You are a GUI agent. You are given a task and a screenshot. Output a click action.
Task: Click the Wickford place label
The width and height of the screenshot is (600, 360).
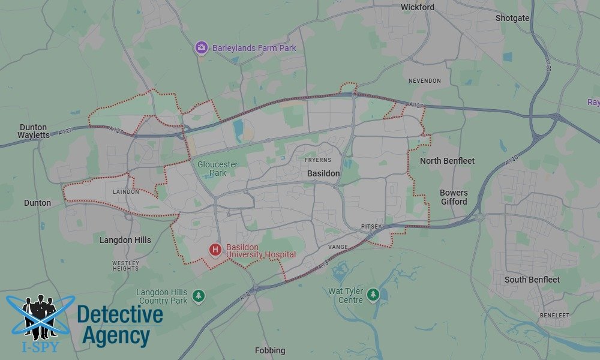click(418, 8)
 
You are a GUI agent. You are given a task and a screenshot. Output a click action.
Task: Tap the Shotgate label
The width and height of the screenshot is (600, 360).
click(512, 18)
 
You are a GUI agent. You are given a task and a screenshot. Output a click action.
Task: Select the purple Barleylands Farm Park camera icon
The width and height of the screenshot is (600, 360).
click(202, 47)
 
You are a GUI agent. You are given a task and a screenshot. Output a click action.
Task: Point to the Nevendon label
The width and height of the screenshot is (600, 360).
click(424, 81)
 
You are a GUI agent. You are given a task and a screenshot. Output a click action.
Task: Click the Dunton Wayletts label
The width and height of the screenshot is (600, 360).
click(34, 131)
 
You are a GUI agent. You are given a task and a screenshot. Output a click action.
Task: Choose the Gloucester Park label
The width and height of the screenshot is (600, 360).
click(218, 169)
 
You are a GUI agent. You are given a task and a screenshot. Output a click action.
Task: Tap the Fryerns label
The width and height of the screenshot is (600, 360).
click(317, 160)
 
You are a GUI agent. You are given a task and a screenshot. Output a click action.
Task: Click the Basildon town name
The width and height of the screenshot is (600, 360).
click(323, 173)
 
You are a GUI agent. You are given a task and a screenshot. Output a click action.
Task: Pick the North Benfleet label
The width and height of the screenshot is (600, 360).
click(447, 161)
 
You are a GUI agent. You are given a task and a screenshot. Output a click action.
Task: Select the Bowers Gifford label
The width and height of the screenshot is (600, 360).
click(454, 197)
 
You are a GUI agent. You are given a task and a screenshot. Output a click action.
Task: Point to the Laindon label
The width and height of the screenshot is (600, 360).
click(126, 192)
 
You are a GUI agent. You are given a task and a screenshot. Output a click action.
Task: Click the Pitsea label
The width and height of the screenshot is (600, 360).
click(371, 226)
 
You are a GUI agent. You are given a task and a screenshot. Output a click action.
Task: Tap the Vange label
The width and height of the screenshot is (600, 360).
click(338, 247)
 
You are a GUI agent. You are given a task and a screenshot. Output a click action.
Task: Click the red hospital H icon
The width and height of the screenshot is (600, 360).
click(215, 249)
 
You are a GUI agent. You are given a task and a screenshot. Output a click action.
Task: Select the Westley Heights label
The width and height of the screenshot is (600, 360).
click(125, 266)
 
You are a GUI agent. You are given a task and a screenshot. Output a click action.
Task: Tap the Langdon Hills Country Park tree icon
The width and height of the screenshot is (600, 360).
click(198, 296)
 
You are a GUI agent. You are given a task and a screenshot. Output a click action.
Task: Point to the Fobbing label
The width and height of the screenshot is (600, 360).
click(270, 350)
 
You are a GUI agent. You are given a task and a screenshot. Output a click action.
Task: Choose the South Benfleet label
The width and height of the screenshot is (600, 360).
click(532, 280)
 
